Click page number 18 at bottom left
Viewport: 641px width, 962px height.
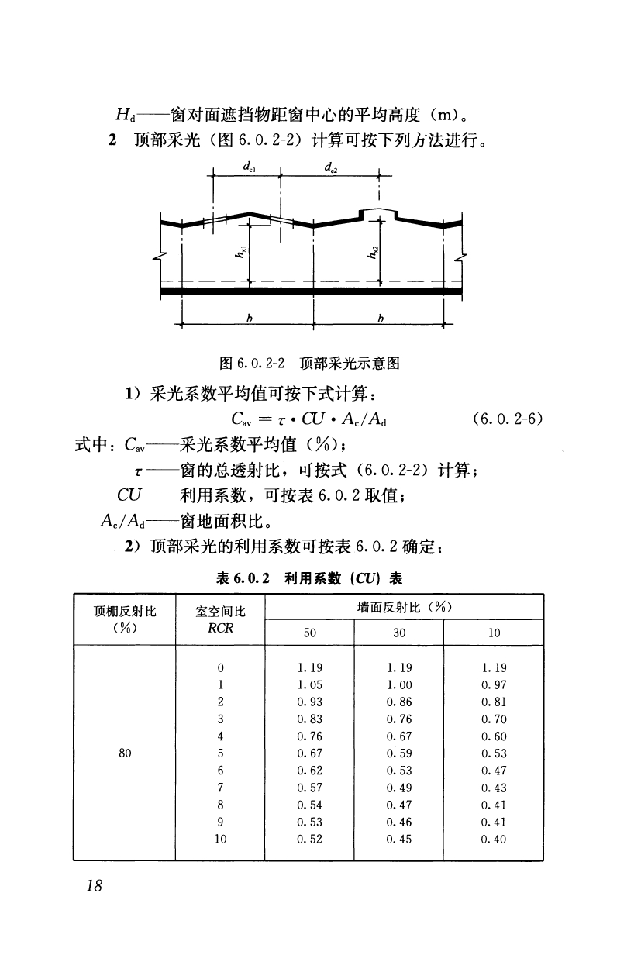[94, 887]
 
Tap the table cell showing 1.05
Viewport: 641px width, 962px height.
[309, 684]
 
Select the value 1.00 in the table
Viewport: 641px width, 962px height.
[398, 684]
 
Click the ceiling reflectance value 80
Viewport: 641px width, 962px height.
[126, 753]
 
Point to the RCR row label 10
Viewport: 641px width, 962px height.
[221, 838]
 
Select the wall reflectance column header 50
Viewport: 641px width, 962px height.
[309, 633]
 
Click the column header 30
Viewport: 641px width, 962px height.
[398, 633]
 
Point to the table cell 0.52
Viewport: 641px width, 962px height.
[309, 838]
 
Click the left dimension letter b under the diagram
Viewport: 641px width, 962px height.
[248, 319]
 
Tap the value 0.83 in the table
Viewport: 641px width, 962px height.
[309, 719]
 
